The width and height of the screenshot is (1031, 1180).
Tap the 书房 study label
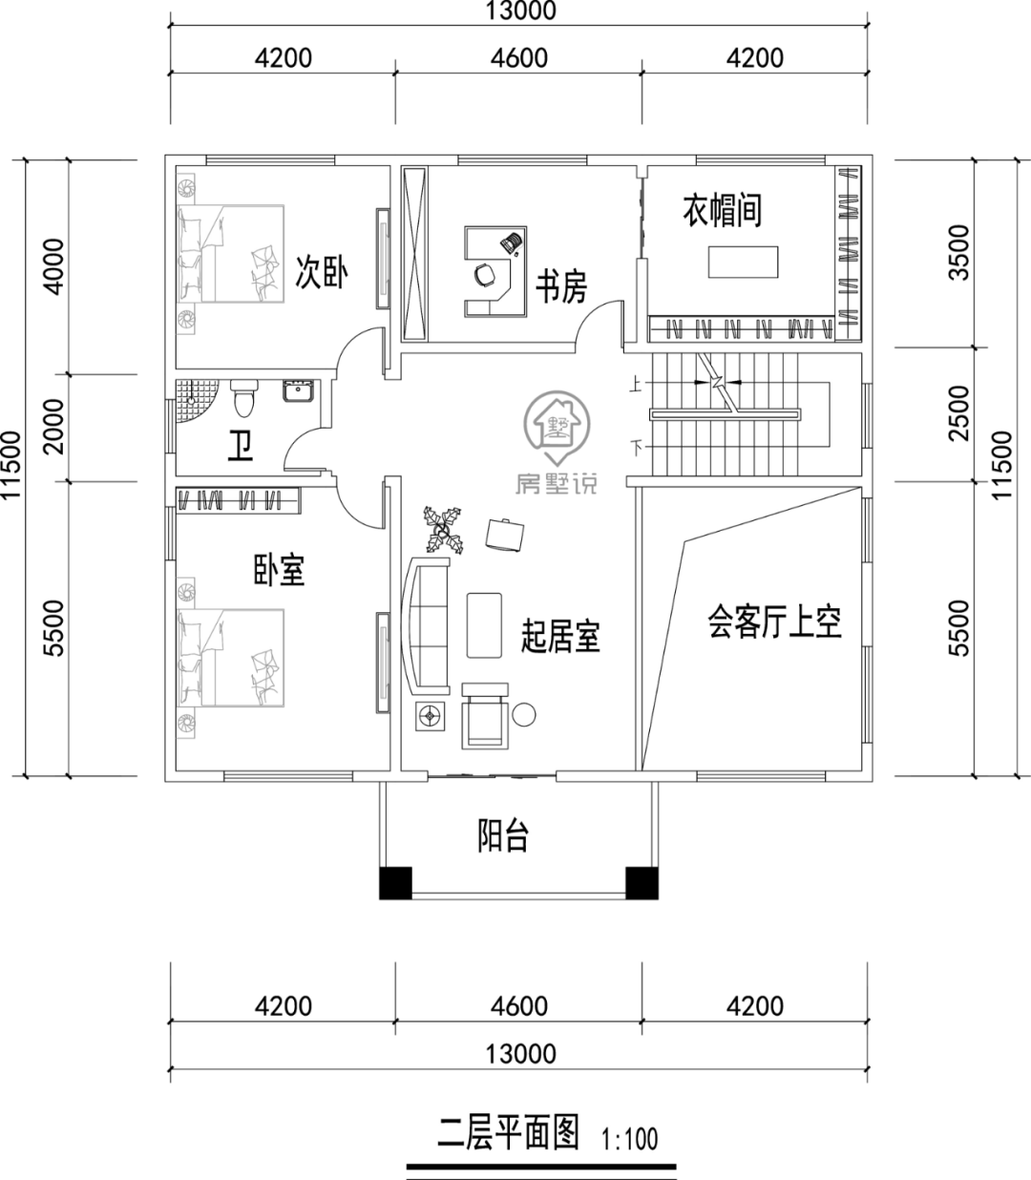point(560,285)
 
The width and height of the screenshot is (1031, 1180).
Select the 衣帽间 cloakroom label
point(722,210)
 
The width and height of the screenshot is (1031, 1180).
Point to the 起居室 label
point(559,635)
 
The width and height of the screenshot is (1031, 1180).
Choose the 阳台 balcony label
point(502,836)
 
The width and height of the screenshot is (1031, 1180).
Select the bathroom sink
point(299,391)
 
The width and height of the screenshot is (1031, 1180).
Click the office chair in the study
point(485,274)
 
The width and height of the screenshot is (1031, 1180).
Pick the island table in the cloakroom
point(742,262)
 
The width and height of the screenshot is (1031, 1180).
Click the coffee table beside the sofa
point(484,624)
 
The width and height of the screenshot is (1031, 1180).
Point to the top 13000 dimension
point(519,11)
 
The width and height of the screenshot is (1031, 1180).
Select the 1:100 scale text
point(630,1138)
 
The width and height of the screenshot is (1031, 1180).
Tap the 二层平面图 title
point(508,1133)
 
